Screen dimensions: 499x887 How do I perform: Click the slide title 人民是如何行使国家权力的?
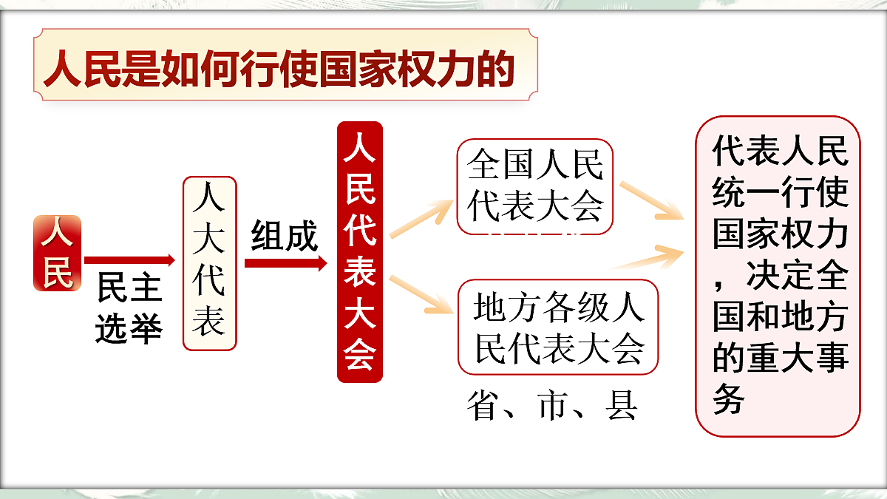279,70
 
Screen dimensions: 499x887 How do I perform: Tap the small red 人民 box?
57,253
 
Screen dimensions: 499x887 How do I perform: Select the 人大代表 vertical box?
209,263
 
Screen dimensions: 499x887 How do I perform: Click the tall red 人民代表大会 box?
360,251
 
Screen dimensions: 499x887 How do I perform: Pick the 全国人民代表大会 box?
535,186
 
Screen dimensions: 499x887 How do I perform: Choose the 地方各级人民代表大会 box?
557,327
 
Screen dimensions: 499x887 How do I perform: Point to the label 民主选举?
129,310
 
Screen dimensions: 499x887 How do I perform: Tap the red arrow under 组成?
285,262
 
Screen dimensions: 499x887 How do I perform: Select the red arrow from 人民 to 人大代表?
129,260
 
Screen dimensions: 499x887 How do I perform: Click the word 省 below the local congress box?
482,407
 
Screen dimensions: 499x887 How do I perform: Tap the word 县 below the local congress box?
622,407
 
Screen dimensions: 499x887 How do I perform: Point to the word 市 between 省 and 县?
552,407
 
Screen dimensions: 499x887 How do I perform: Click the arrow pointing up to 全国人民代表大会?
420,218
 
